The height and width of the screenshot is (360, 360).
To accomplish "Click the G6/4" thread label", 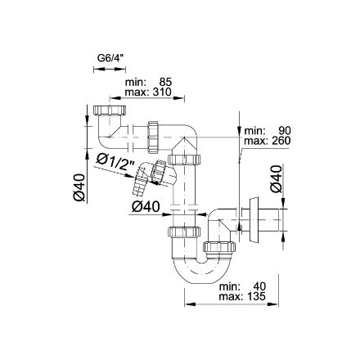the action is click(x=109, y=58).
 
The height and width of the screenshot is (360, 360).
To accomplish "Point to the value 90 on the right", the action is click(x=284, y=131).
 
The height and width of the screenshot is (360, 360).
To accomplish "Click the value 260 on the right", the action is click(x=280, y=141).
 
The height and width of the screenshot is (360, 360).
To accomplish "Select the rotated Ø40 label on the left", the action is click(x=79, y=187).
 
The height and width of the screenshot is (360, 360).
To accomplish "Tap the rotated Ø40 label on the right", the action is click(x=277, y=178).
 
